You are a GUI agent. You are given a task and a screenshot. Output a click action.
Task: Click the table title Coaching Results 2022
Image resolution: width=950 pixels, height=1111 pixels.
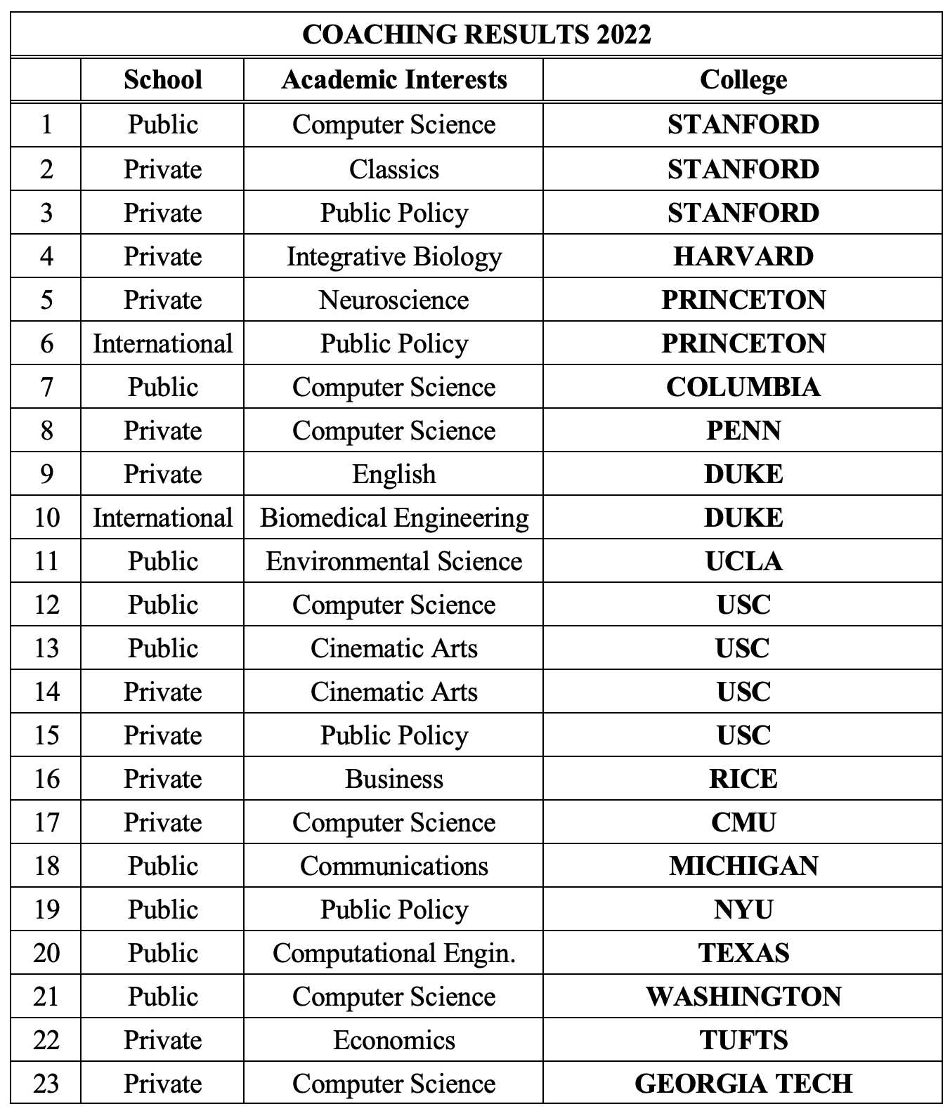point(476,34)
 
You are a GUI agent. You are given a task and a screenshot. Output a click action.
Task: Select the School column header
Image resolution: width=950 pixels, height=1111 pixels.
point(162,79)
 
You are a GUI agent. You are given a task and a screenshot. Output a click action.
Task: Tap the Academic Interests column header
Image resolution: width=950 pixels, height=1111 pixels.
point(393,79)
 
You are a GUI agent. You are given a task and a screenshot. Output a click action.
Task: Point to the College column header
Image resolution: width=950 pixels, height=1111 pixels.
point(743,79)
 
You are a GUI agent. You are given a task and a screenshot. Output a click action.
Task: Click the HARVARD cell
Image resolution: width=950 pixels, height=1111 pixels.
point(743,256)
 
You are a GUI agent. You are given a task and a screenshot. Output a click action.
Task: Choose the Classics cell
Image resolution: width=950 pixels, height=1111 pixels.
point(393,169)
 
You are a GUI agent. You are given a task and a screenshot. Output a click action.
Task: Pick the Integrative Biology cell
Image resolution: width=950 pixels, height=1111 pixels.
point(393,256)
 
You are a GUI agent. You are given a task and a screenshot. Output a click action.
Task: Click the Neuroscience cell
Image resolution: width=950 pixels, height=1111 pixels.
point(393,300)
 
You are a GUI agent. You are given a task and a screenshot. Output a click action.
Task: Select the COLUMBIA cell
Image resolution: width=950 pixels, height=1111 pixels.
point(743,387)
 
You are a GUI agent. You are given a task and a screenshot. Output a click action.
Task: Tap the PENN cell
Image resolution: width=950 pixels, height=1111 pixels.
point(743,430)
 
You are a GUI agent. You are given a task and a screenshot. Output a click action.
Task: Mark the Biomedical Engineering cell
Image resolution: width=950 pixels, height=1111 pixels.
point(393,518)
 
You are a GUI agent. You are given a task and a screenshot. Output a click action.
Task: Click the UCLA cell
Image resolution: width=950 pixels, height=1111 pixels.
point(743,561)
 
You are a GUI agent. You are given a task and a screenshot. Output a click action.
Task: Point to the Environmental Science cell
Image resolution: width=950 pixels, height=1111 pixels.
point(393,561)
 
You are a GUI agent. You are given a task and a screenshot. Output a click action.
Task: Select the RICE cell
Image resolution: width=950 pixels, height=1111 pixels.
point(743,779)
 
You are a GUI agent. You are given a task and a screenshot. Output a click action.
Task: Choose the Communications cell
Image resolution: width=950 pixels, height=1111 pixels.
point(393,866)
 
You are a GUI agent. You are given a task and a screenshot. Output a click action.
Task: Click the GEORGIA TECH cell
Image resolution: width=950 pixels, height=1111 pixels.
point(743,1084)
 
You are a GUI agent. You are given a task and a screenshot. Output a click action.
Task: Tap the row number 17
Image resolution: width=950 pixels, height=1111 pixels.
point(46,822)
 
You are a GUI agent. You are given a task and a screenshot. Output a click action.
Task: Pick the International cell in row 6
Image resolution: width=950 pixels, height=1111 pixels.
point(162,343)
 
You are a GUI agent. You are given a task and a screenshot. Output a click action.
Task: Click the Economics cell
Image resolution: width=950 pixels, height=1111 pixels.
point(393,1040)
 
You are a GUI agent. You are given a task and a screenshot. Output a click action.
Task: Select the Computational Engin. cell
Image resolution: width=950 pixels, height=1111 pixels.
point(393,953)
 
